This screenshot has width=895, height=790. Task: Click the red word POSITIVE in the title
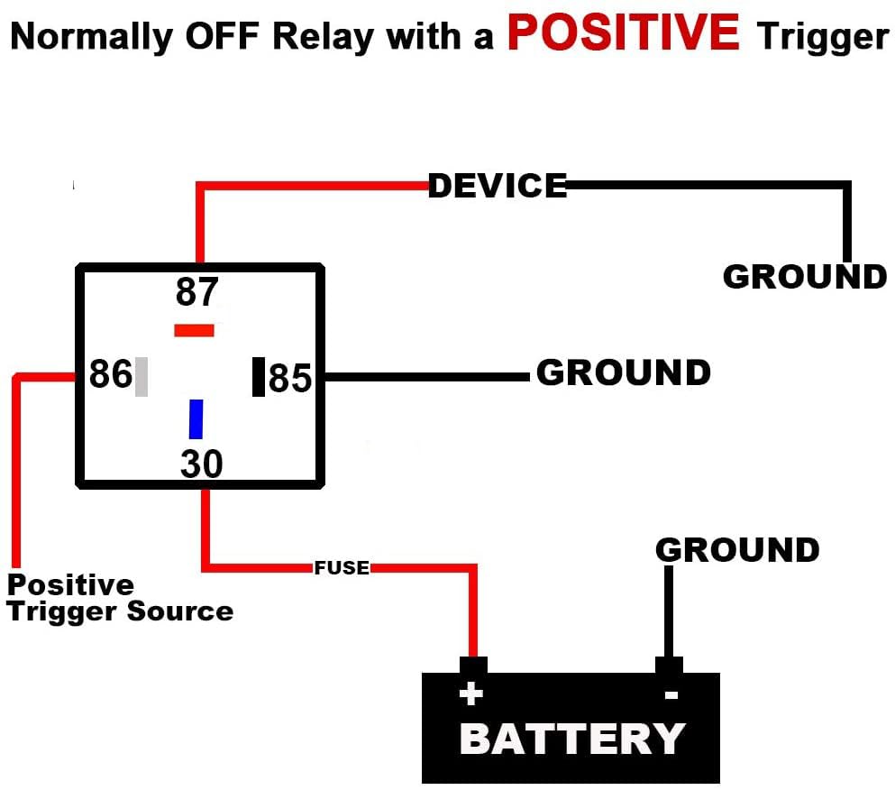pyautogui.click(x=623, y=32)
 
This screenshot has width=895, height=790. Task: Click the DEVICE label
pyautogui.click(x=498, y=186)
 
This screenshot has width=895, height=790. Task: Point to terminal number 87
pyautogui.click(x=197, y=292)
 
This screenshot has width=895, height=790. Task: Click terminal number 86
pyautogui.click(x=111, y=373)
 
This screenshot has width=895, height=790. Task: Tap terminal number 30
pyautogui.click(x=201, y=464)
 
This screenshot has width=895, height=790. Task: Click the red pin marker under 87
pyautogui.click(x=194, y=330)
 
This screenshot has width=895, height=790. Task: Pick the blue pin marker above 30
pyautogui.click(x=196, y=418)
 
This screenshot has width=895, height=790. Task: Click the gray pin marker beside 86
pyautogui.click(x=142, y=377)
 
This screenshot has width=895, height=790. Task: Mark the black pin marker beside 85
pyautogui.click(x=259, y=377)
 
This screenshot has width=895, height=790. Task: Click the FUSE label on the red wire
pyautogui.click(x=342, y=568)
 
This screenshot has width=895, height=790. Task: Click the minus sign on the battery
pyautogui.click(x=671, y=695)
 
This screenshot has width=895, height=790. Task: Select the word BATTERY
pyautogui.click(x=572, y=739)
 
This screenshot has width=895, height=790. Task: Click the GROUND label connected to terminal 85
pyautogui.click(x=623, y=372)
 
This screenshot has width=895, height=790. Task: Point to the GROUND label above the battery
pyautogui.click(x=737, y=549)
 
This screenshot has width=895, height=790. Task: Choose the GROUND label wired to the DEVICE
pyautogui.click(x=805, y=276)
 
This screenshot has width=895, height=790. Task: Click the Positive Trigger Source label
pyautogui.click(x=120, y=598)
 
